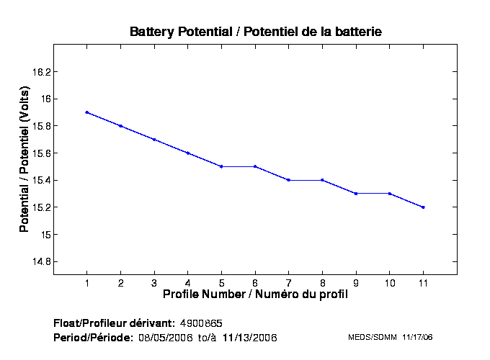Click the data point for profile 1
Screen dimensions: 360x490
(86, 112)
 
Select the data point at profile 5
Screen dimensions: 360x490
(221, 166)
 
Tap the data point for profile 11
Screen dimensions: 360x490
(423, 207)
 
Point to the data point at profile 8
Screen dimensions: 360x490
(322, 180)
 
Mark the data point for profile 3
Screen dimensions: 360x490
(154, 139)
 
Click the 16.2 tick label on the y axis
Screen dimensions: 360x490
(41, 72)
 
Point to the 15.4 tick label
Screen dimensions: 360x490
(41, 181)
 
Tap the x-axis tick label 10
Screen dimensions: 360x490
(389, 282)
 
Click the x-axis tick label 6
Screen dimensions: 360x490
(255, 282)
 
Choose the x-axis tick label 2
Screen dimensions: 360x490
(120, 282)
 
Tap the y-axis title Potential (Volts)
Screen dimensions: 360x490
(24, 160)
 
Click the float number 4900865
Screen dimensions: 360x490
(206, 323)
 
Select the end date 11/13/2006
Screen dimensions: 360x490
(249, 337)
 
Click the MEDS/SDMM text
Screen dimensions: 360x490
(373, 337)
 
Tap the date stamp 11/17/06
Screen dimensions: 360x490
(418, 337)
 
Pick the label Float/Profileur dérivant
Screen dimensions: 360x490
(114, 323)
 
